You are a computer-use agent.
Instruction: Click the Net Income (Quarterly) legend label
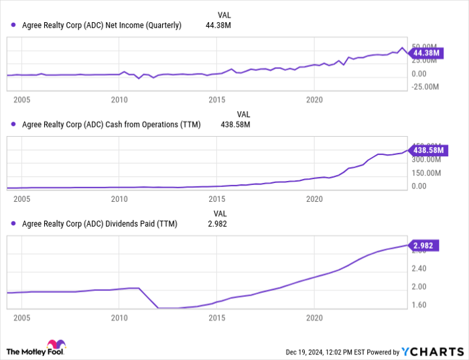101,25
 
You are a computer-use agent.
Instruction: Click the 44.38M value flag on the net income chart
425,53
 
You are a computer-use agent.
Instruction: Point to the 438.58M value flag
425,150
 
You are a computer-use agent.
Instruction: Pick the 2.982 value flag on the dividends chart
425,246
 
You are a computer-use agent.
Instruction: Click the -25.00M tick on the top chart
425,86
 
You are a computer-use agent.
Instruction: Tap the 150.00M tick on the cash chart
425,173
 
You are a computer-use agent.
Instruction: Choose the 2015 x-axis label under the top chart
216,100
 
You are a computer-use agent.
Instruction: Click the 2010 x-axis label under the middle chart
119,199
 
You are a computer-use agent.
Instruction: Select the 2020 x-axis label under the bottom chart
314,317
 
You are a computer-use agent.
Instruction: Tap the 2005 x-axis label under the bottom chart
21,317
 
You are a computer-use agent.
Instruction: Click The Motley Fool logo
36,349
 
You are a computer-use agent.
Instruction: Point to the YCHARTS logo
432,351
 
